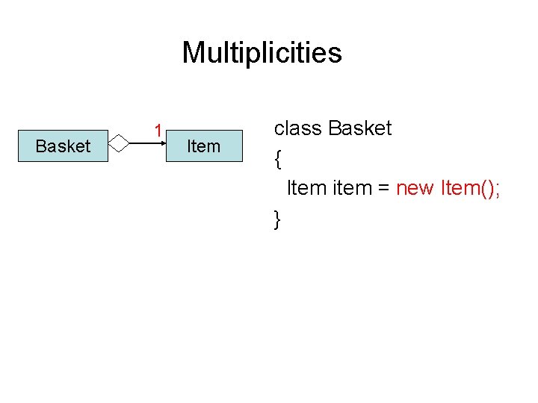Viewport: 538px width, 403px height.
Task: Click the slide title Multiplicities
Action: [262, 53]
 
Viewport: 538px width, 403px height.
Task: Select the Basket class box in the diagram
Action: [63, 146]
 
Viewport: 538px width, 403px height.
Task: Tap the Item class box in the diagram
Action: [203, 146]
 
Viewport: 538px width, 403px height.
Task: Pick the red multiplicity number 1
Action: [158, 131]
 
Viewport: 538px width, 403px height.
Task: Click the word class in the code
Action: [298, 128]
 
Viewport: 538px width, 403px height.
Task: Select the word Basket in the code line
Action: [360, 128]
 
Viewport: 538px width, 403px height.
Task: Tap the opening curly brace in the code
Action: [278, 158]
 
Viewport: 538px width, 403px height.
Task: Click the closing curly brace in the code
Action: [278, 219]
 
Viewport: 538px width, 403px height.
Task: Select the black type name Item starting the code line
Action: [307, 188]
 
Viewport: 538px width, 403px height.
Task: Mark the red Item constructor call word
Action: [460, 188]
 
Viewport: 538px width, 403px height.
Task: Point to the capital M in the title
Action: [192, 53]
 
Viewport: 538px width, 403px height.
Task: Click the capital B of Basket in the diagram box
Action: [41, 146]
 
